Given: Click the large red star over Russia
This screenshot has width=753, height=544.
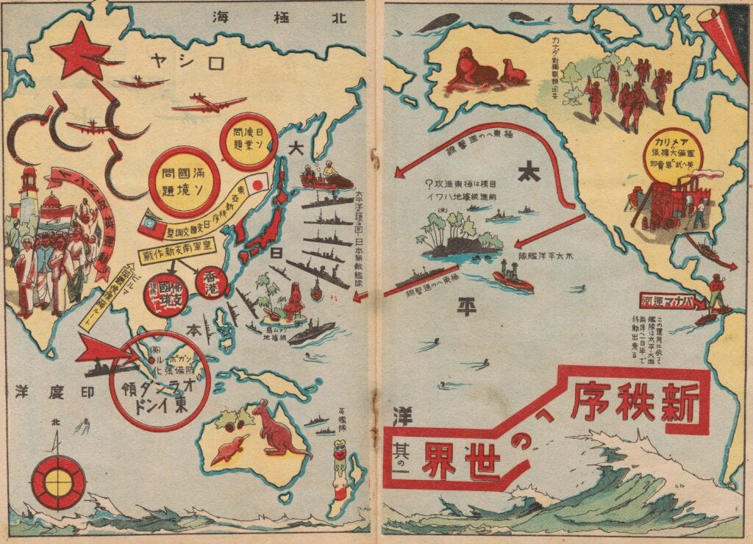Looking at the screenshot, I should [x=80, y=50].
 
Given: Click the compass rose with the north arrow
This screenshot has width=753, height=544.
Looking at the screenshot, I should [x=58, y=482].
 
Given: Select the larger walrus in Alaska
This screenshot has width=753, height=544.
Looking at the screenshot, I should [x=471, y=67].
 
